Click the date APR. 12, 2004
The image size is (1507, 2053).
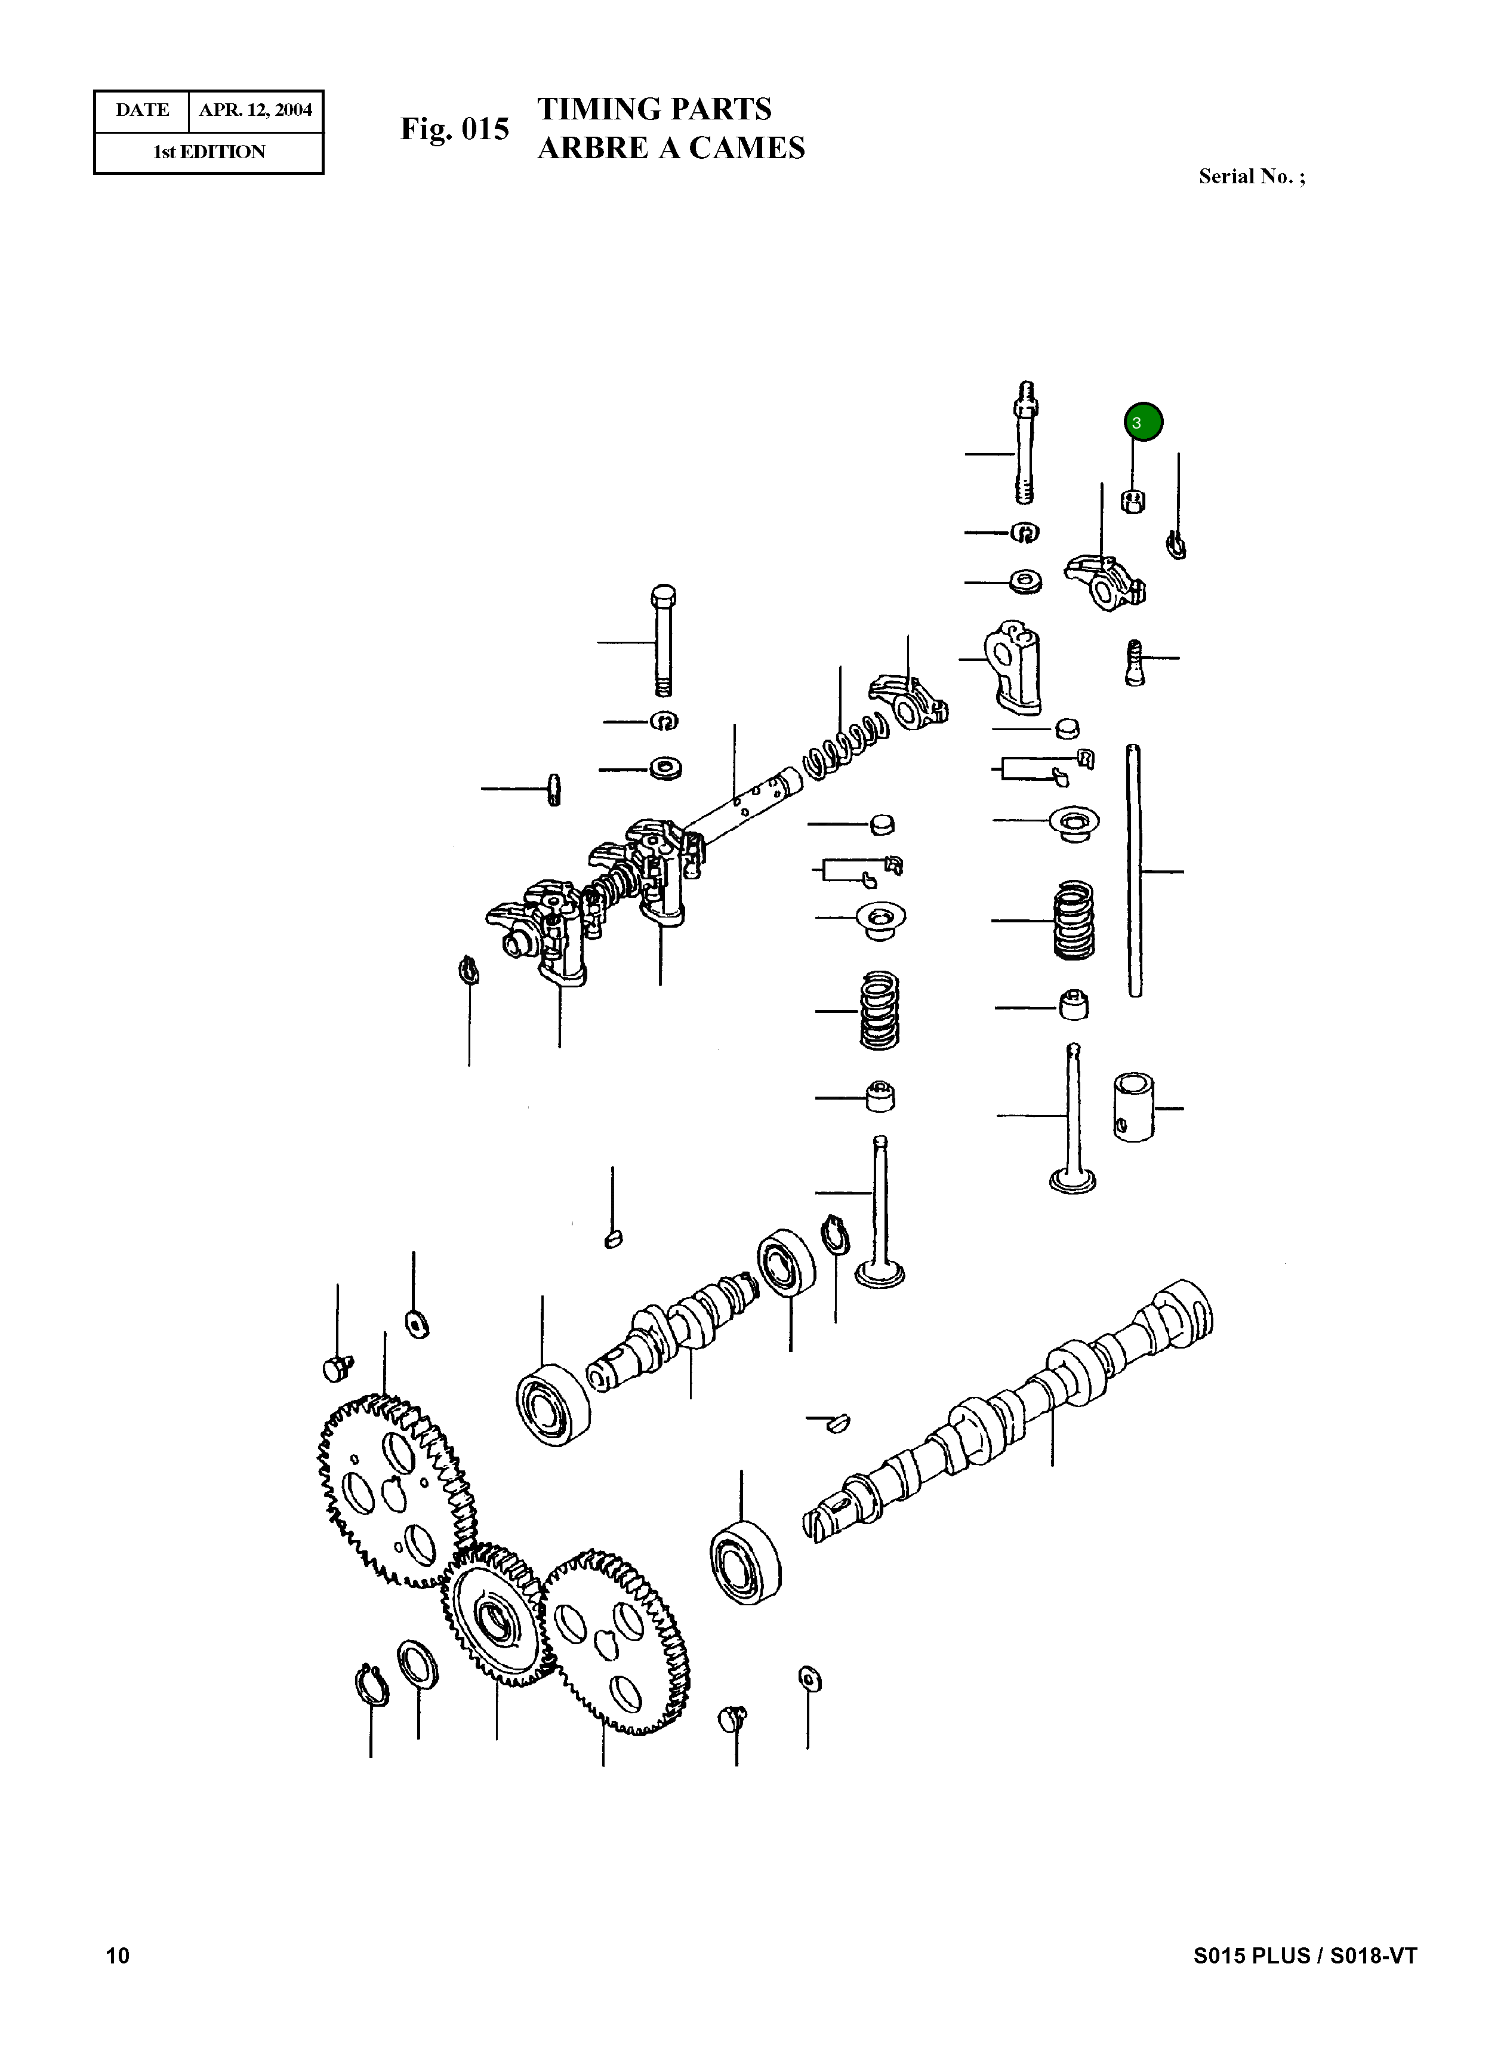(x=255, y=110)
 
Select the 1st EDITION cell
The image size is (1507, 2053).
(x=209, y=152)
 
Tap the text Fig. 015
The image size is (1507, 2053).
(x=454, y=130)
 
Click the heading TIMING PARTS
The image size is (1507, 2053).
(x=654, y=109)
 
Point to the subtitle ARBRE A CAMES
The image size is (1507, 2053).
(x=670, y=148)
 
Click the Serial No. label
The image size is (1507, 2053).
(x=1251, y=177)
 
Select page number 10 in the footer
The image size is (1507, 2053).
(x=118, y=1954)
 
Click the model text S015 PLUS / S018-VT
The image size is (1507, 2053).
(x=1305, y=1954)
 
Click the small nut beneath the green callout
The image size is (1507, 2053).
(x=1132, y=501)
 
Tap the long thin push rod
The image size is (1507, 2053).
(x=1135, y=872)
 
